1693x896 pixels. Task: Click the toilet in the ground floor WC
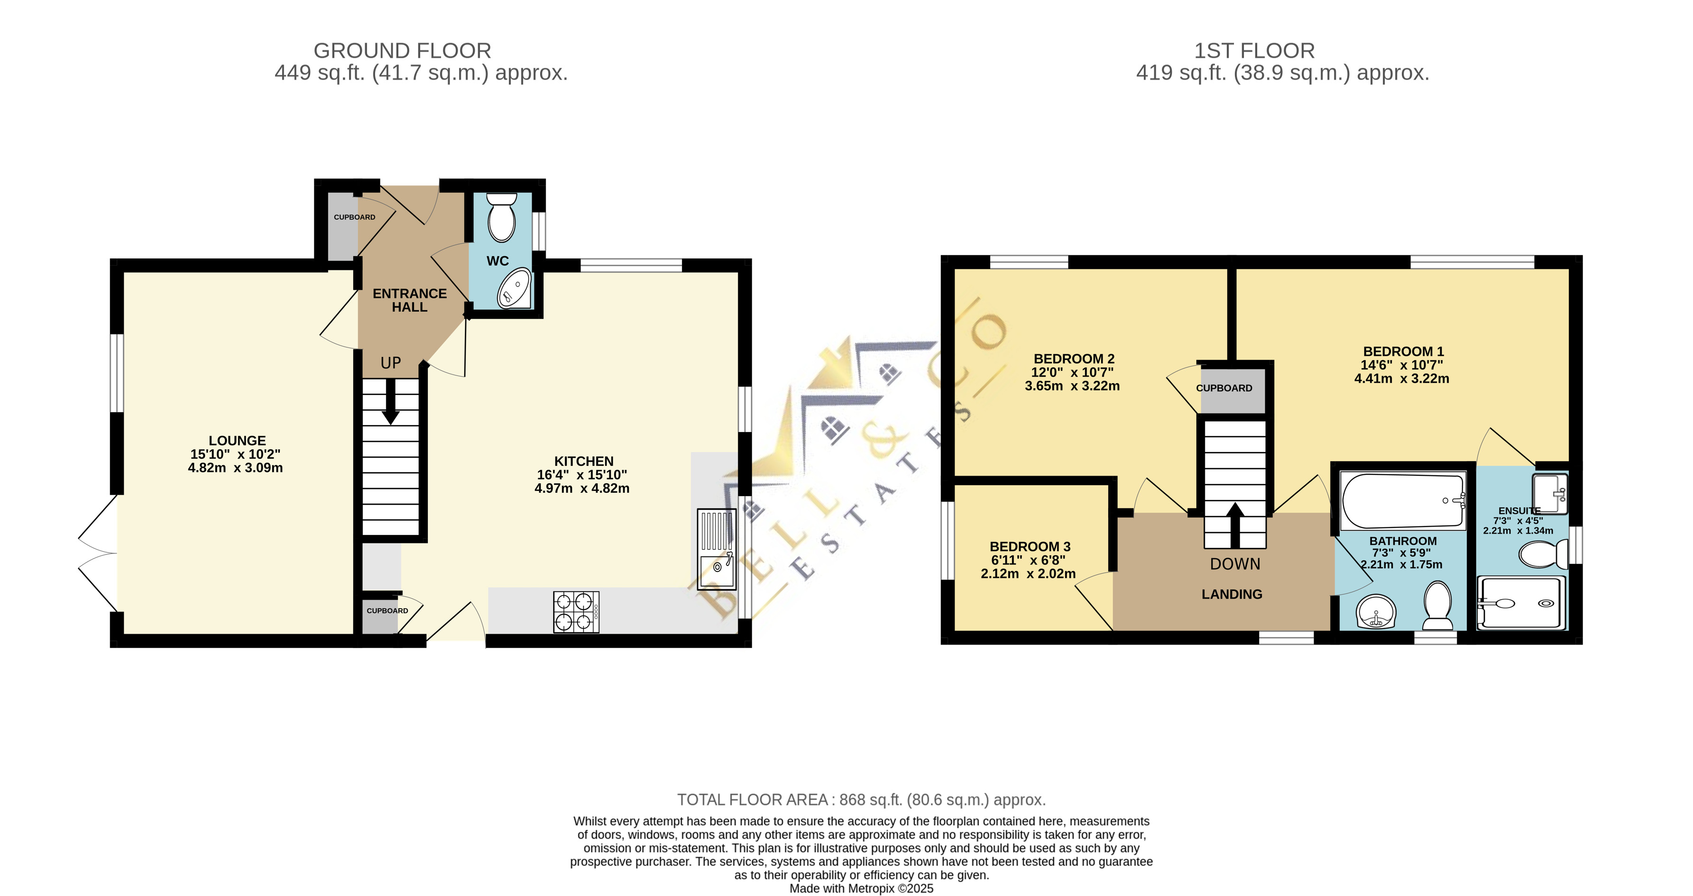pyautogui.click(x=503, y=217)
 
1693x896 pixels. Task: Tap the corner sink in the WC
pyautogui.click(x=514, y=288)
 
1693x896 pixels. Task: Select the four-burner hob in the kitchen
pyautogui.click(x=576, y=612)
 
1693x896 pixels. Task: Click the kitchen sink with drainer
pyautogui.click(x=717, y=549)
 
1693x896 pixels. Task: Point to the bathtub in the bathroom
pyautogui.click(x=1403, y=501)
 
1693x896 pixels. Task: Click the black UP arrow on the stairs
pyautogui.click(x=391, y=402)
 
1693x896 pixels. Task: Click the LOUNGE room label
pyautogui.click(x=237, y=441)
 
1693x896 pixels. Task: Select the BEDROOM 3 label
pyautogui.click(x=1030, y=547)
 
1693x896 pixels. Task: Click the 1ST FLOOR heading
pyautogui.click(x=1254, y=51)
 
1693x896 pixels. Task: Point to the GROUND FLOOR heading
pyautogui.click(x=402, y=51)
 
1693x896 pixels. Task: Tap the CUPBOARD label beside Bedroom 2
pyautogui.click(x=1224, y=388)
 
